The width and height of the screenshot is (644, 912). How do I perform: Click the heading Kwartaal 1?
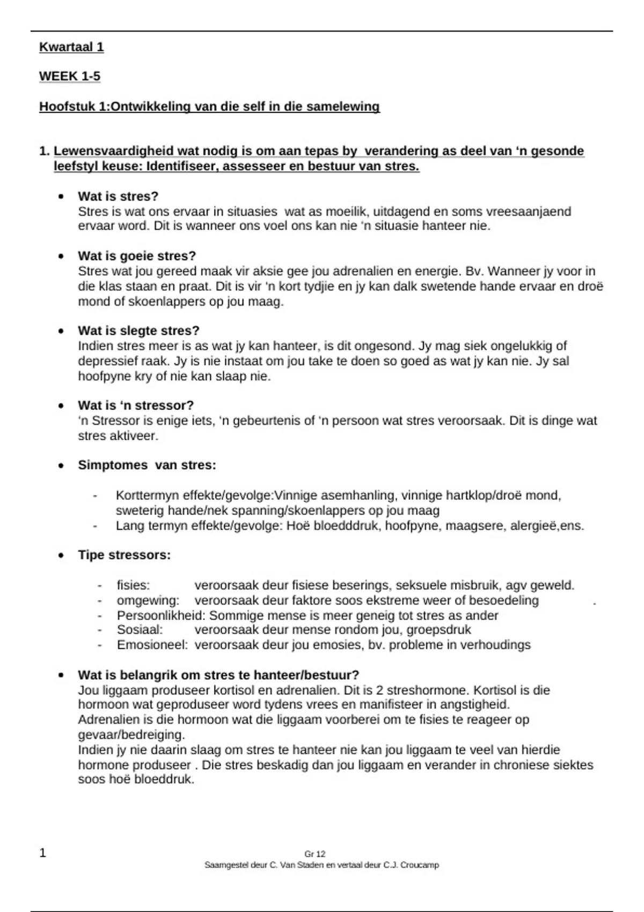(x=71, y=47)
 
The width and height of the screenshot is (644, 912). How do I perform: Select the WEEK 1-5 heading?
(x=70, y=77)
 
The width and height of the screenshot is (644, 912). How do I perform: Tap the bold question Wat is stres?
(x=118, y=196)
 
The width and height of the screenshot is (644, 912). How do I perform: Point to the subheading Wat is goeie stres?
(x=137, y=256)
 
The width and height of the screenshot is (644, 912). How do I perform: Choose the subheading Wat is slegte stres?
(x=138, y=330)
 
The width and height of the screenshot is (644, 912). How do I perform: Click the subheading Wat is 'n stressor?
(x=136, y=406)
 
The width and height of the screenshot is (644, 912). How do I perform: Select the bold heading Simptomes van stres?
(x=147, y=465)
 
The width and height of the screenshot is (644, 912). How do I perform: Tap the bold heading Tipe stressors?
(x=124, y=555)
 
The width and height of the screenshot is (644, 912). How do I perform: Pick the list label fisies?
(x=133, y=585)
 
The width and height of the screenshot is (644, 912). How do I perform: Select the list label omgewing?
(x=148, y=600)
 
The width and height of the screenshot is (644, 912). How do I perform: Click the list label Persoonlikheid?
(x=161, y=615)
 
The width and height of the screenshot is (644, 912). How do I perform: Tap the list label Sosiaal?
(x=140, y=630)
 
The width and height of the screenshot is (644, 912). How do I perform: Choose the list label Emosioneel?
(x=152, y=645)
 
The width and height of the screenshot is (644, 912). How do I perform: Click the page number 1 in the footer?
(x=43, y=853)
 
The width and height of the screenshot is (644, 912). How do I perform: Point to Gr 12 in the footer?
(x=315, y=854)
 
